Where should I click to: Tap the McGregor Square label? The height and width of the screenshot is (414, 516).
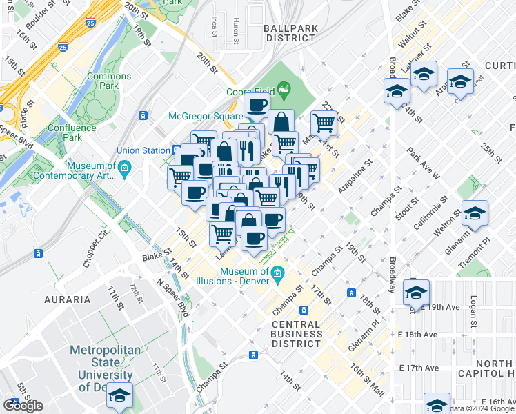click(x=206, y=116)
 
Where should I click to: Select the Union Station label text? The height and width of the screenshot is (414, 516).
click(x=143, y=150)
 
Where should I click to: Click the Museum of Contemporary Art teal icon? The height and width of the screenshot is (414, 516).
click(x=124, y=168)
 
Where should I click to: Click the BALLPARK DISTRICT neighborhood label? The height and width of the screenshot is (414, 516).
click(x=290, y=33)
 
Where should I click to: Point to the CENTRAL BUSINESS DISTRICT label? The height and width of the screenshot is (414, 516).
click(x=297, y=333)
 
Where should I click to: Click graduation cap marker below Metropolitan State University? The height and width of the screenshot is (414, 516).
click(x=121, y=394)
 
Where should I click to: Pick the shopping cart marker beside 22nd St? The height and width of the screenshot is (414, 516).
click(x=324, y=124)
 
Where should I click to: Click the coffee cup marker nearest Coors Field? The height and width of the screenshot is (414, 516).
click(x=257, y=106)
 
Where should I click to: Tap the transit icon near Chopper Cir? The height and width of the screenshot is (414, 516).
click(x=38, y=253)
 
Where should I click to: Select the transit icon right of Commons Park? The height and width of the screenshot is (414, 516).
click(x=143, y=115)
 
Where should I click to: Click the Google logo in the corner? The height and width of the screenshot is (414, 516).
click(x=23, y=405)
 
